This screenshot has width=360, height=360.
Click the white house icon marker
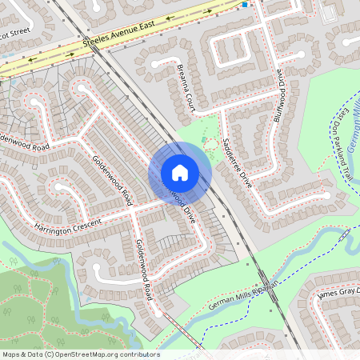click(x=180, y=172)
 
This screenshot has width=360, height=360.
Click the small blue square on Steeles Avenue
click(x=245, y=4)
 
